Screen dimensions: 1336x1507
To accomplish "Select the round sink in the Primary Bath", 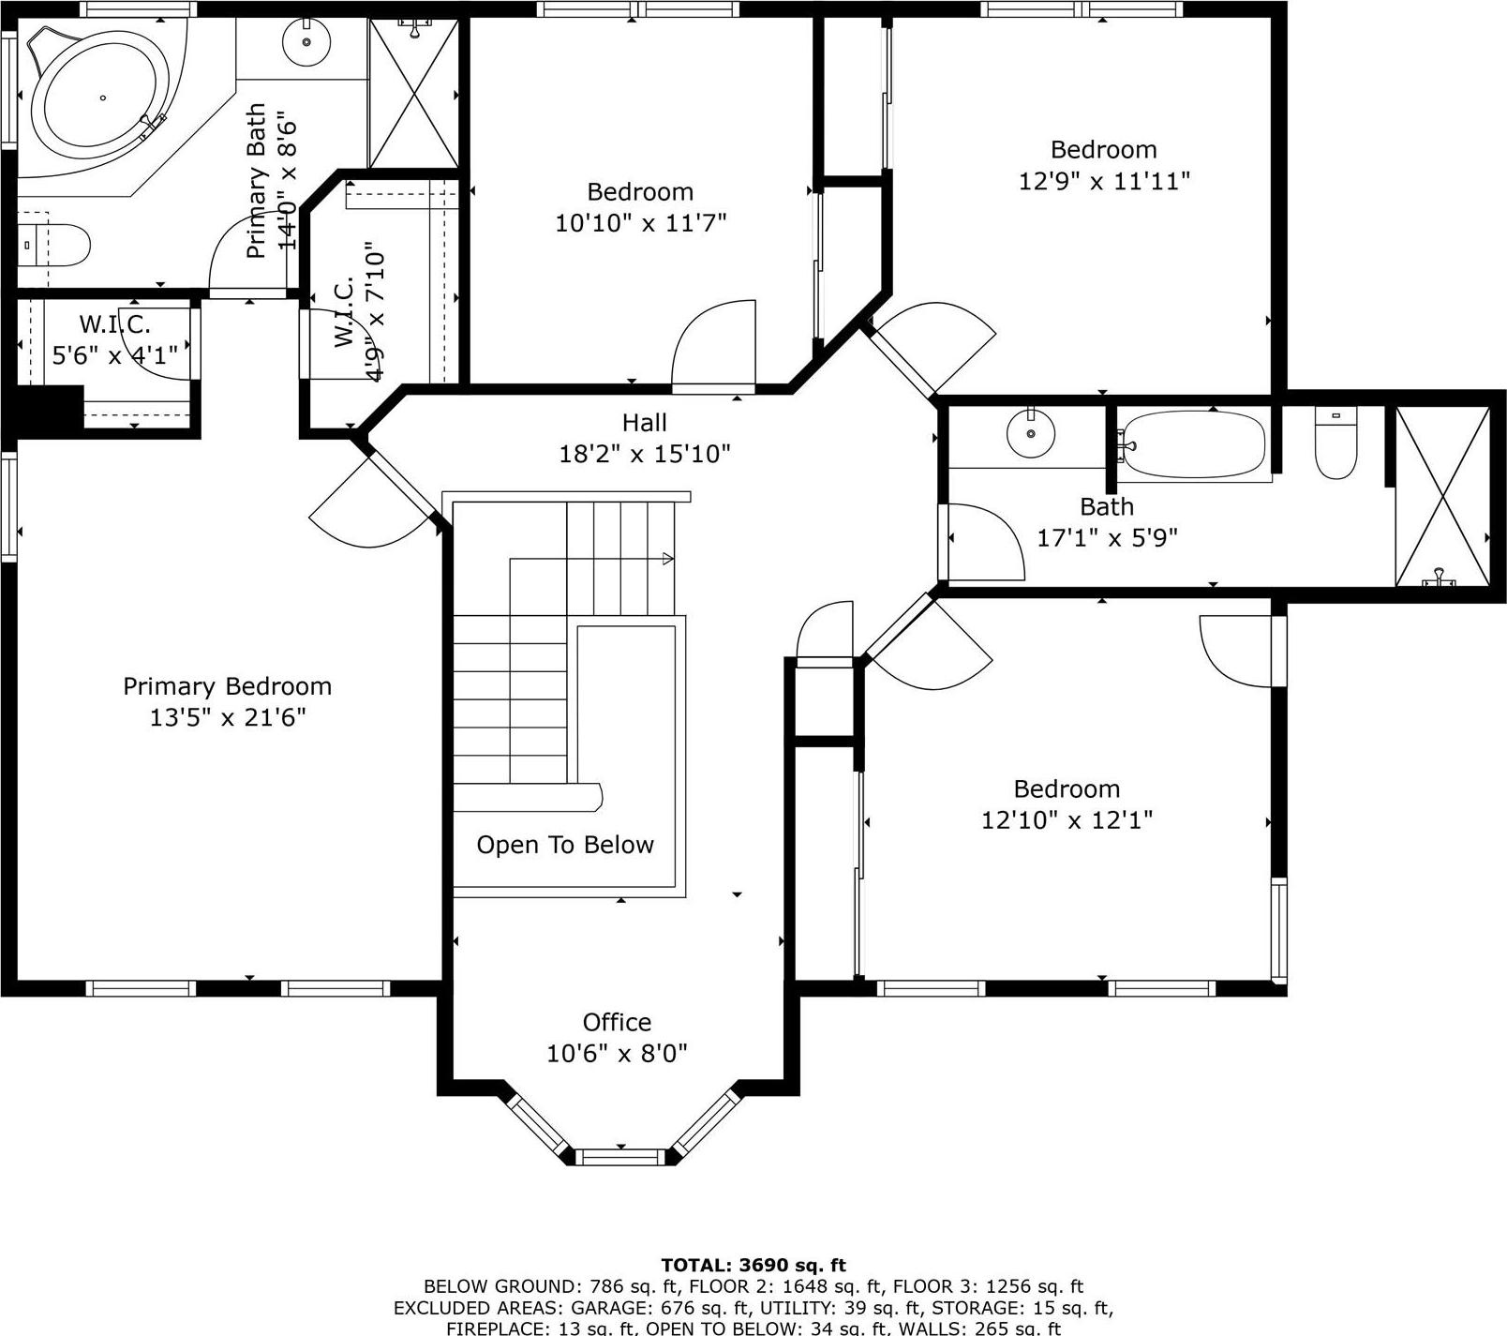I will click(x=306, y=42).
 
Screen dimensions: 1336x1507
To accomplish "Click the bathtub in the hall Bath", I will click(x=1195, y=445).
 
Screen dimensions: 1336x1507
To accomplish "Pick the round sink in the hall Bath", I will click(x=1031, y=434).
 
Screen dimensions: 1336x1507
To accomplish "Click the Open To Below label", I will click(x=565, y=845).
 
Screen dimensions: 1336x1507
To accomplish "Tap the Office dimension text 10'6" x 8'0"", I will click(x=617, y=1053).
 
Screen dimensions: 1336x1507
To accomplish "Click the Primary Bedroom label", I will click(x=227, y=686).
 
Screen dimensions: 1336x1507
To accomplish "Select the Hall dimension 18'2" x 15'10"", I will click(x=645, y=454).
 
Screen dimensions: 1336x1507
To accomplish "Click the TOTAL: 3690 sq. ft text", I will click(x=753, y=1265).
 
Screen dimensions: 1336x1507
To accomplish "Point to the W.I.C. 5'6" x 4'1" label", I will click(x=114, y=340).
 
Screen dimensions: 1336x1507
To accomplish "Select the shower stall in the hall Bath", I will click(x=1442, y=497).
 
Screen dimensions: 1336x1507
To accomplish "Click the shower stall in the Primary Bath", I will click(x=413, y=93).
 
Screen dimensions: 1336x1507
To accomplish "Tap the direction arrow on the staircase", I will click(x=667, y=559).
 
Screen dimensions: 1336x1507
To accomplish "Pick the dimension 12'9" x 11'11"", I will click(x=1104, y=180).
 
